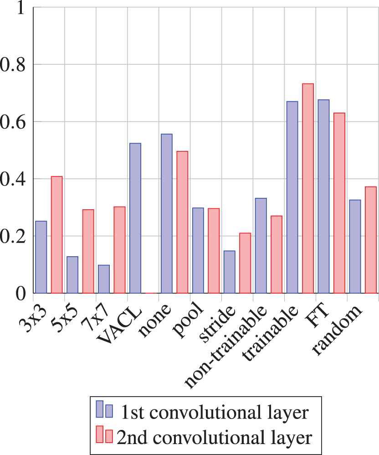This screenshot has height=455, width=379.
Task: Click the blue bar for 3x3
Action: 41,257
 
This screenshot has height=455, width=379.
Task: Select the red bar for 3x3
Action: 56,235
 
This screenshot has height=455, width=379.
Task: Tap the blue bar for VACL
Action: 135,218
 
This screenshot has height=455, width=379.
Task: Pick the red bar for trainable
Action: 308,188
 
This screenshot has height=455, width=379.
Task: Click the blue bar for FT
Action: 323,196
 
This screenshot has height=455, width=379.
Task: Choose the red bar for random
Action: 371,240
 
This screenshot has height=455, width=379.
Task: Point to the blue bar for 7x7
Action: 104,279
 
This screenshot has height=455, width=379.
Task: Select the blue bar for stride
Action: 230,272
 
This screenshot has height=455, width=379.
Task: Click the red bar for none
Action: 182,222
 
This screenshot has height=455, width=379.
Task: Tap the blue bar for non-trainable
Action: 261,246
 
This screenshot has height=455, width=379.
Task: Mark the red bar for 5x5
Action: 88,251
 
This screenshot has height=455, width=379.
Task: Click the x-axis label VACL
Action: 119,326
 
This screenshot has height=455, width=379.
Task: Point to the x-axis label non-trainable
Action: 225,346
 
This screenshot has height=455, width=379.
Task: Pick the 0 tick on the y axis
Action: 20,294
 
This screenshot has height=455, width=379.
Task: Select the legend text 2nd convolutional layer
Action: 214,437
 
